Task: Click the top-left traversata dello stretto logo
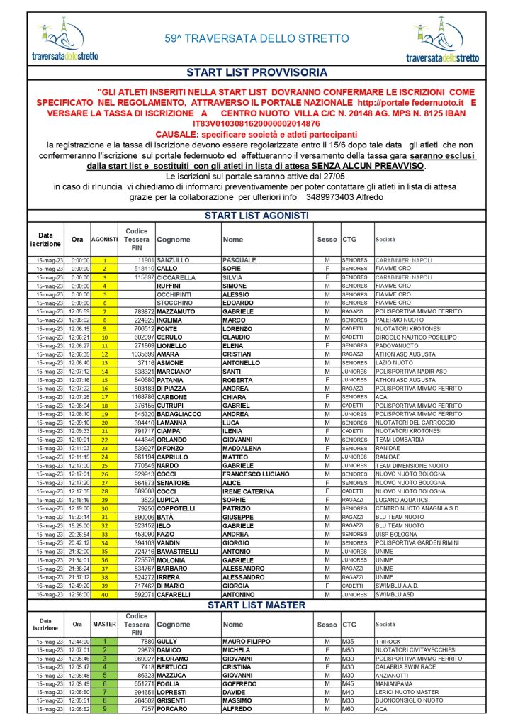[x=65, y=41]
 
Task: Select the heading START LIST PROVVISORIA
[x=256, y=72]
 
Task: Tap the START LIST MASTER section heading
[x=256, y=605]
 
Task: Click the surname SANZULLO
[x=173, y=260]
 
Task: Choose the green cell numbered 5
[x=104, y=675]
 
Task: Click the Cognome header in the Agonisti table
[x=174, y=240]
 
